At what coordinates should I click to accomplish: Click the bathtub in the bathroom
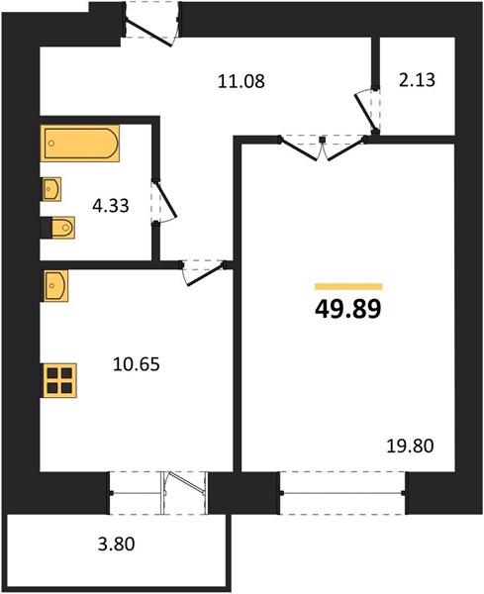click(x=79, y=144)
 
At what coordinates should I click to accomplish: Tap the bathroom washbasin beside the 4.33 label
click(x=51, y=187)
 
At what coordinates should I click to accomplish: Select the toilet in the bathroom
click(x=59, y=228)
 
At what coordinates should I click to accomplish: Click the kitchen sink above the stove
click(x=55, y=286)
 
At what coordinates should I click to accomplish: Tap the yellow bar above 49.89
click(x=347, y=285)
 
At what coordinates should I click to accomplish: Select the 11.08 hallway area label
click(x=241, y=81)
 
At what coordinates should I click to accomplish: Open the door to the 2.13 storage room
click(x=368, y=107)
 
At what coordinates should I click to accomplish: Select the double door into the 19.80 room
click(x=324, y=147)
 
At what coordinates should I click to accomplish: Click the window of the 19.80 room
click(x=343, y=492)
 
